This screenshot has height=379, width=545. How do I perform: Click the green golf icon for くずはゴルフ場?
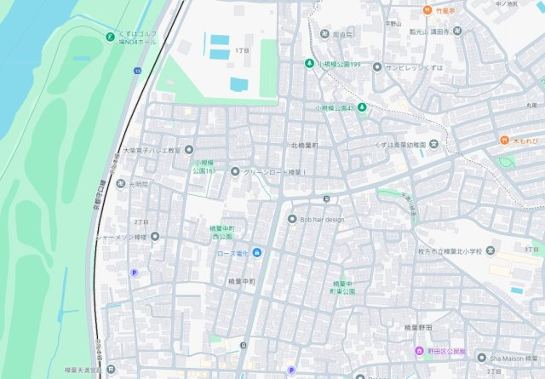pos(109,36)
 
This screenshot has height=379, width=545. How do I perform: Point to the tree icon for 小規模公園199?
pos(309,64)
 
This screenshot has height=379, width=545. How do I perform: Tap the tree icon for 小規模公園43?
pos(362,107)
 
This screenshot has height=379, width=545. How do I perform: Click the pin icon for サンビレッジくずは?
pos(376,66)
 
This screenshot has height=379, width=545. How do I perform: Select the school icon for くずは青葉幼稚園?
pos(433,143)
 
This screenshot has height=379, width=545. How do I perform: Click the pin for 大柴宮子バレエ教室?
pos(189,149)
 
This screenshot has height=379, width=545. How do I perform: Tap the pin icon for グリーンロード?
pos(235,171)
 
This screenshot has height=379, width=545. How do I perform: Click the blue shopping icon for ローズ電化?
pos(256,252)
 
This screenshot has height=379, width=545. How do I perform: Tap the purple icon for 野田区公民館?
pos(418,351)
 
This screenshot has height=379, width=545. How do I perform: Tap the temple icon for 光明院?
pos(121,183)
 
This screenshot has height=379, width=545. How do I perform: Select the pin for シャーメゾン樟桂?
pos(155,236)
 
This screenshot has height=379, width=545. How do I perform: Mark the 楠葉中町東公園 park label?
pos(344,287)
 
